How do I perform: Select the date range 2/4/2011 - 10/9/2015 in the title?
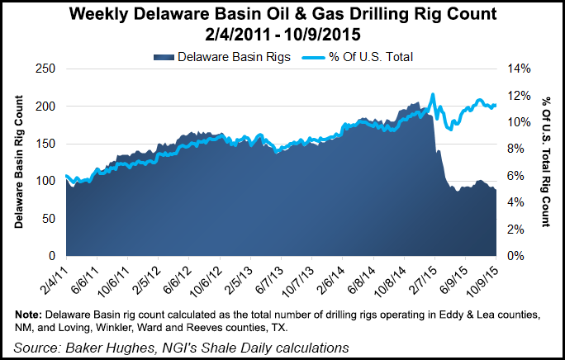pyautogui.click(x=282, y=34)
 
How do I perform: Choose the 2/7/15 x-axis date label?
pyautogui.click(x=423, y=277)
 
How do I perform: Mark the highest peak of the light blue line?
pyautogui.click(x=433, y=94)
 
